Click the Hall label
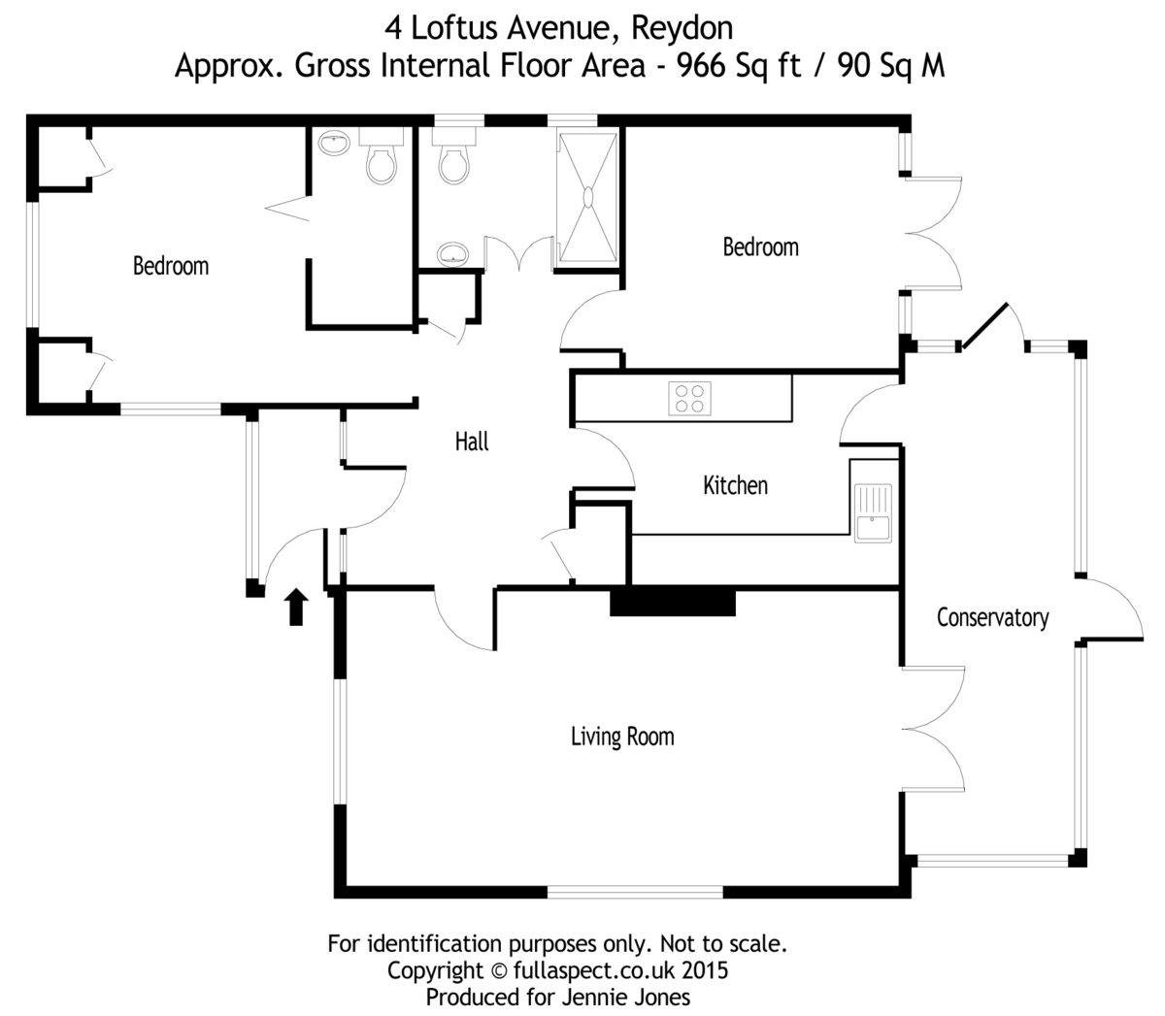472,442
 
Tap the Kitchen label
735,485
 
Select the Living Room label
621,737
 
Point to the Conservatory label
992,618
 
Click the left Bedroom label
171,266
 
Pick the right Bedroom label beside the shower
760,247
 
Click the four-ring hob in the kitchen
690,398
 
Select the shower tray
587,196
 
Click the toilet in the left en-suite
382,161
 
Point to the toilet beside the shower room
454,161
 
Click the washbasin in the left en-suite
334,144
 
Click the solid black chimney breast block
672,602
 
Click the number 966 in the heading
703,66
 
